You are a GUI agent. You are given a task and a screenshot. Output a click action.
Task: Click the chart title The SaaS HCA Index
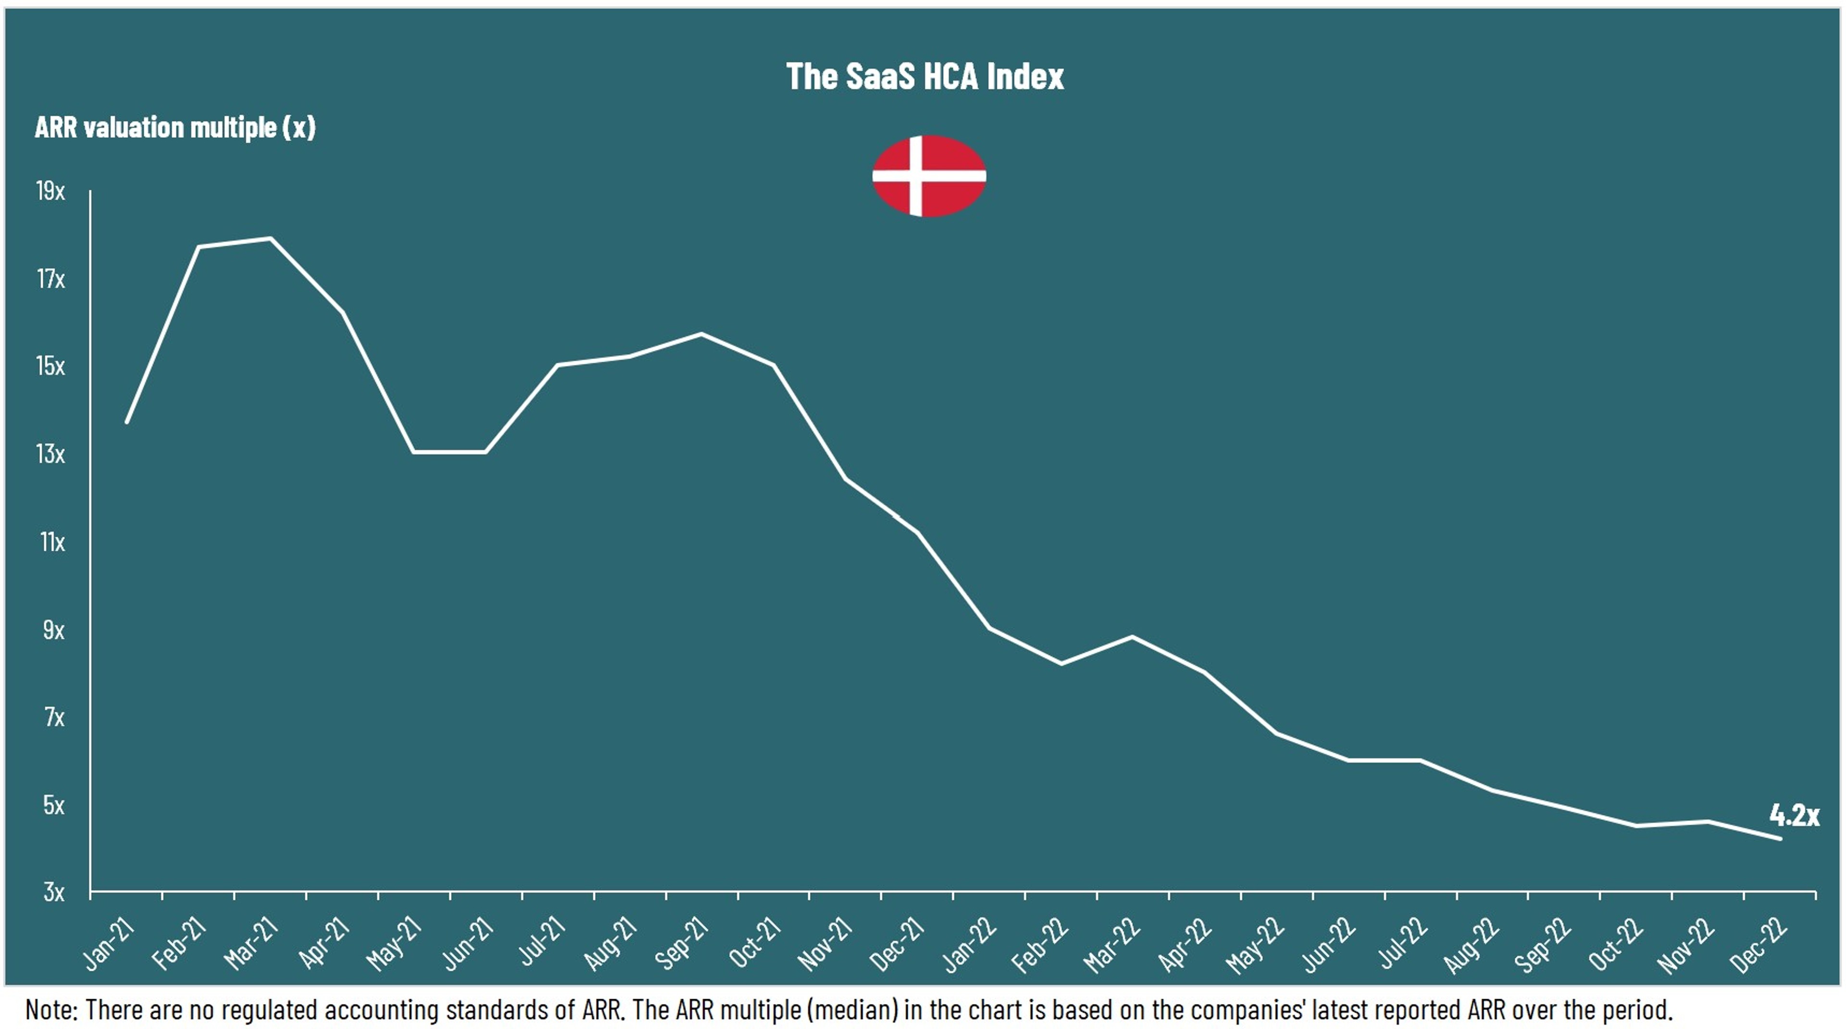[x=924, y=76]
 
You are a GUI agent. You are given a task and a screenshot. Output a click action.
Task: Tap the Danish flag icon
[x=929, y=175]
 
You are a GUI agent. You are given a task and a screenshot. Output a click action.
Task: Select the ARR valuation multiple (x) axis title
[x=175, y=127]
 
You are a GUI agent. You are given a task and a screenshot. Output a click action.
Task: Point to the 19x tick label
[x=50, y=191]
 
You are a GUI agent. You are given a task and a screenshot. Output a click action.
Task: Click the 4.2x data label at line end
[x=1794, y=815]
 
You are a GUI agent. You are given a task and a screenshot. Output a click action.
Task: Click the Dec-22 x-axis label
[x=1759, y=946]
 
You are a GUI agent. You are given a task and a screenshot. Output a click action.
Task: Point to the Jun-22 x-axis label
[x=1329, y=946]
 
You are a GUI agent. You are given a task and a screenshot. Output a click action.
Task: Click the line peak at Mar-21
[x=271, y=238]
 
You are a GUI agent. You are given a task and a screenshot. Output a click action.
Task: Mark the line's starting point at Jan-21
[x=127, y=422]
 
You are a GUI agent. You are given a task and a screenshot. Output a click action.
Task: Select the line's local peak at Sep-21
[x=701, y=334]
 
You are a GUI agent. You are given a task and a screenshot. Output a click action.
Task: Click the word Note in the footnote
[x=50, y=1010]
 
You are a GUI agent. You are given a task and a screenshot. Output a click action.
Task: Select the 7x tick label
[x=54, y=717]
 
